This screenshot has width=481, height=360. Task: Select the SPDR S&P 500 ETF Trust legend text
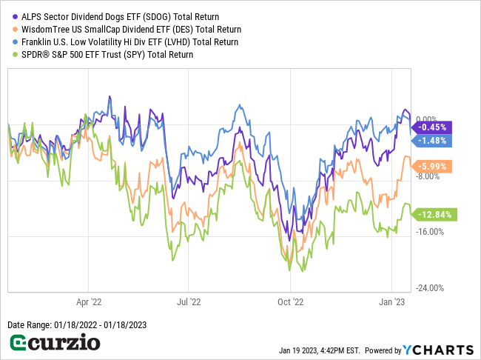[x=107, y=54]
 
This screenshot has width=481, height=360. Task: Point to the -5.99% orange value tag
[x=431, y=167]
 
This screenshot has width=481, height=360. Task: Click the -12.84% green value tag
[x=435, y=214]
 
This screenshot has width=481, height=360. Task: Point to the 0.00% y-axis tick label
[x=428, y=119]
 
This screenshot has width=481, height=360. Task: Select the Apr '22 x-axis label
[x=89, y=302]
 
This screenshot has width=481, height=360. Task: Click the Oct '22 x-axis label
[x=290, y=302]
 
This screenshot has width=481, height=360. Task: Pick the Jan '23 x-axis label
[x=391, y=302]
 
